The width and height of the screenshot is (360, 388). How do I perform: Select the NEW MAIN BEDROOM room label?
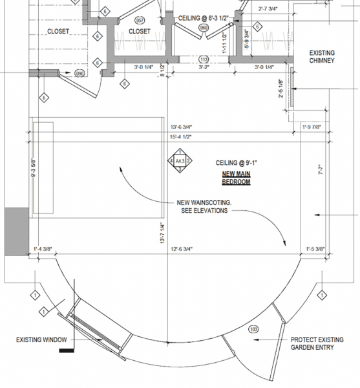236,178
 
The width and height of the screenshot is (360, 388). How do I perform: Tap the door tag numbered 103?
253,329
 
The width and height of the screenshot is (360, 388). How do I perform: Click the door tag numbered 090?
80,72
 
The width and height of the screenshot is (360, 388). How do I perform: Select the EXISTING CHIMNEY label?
322,57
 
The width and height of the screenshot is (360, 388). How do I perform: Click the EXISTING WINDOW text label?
39,339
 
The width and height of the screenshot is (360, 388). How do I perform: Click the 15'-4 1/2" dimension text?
182,137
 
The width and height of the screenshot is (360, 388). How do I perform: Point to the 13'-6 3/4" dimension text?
182,127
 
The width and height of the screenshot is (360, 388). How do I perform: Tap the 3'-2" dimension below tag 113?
203,67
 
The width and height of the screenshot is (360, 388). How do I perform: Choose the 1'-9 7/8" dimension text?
315,127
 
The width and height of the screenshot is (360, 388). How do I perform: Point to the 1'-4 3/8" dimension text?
43,248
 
